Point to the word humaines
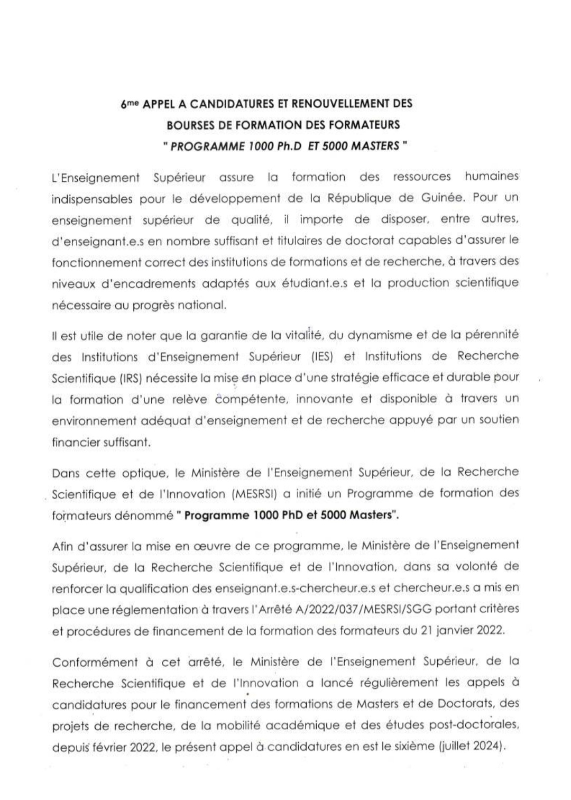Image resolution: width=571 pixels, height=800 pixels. pos(492,176)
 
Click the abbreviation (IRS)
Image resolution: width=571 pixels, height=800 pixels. pos(122,378)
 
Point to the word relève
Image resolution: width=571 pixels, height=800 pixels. pos(189,399)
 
